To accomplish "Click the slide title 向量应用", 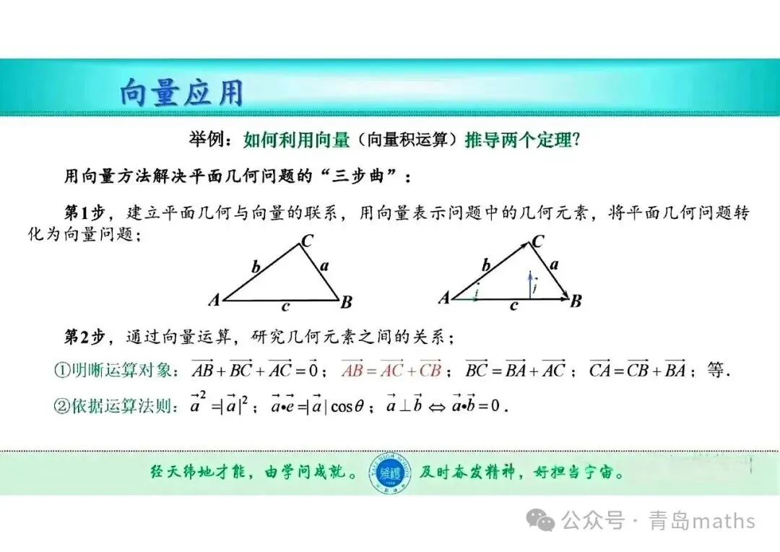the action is [181, 92].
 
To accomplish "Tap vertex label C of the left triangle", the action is [307, 241].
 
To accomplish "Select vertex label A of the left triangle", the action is [214, 300].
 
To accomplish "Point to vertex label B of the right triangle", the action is [576, 301].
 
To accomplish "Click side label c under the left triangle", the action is [285, 307].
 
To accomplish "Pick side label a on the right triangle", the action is [554, 264].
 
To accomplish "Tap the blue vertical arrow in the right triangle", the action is [530, 285].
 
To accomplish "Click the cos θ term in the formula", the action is [347, 406].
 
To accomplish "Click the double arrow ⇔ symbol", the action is [437, 407].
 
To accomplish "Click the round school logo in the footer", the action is [389, 473].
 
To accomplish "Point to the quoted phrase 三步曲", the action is [357, 175].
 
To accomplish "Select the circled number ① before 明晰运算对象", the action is [62, 370].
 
